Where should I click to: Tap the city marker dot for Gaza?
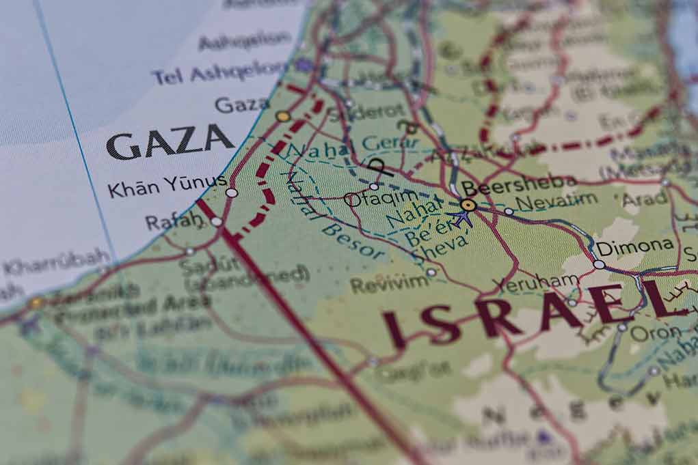tap(283, 116)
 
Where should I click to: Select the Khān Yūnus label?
tap(167, 184)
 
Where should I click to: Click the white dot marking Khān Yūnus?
tap(232, 193)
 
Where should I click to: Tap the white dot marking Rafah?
tap(216, 221)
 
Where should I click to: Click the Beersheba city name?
tap(520, 183)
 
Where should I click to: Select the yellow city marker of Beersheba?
tap(468, 204)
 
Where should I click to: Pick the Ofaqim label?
tap(371, 200)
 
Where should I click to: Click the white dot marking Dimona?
tap(599, 264)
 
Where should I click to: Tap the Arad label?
tap(645, 199)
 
